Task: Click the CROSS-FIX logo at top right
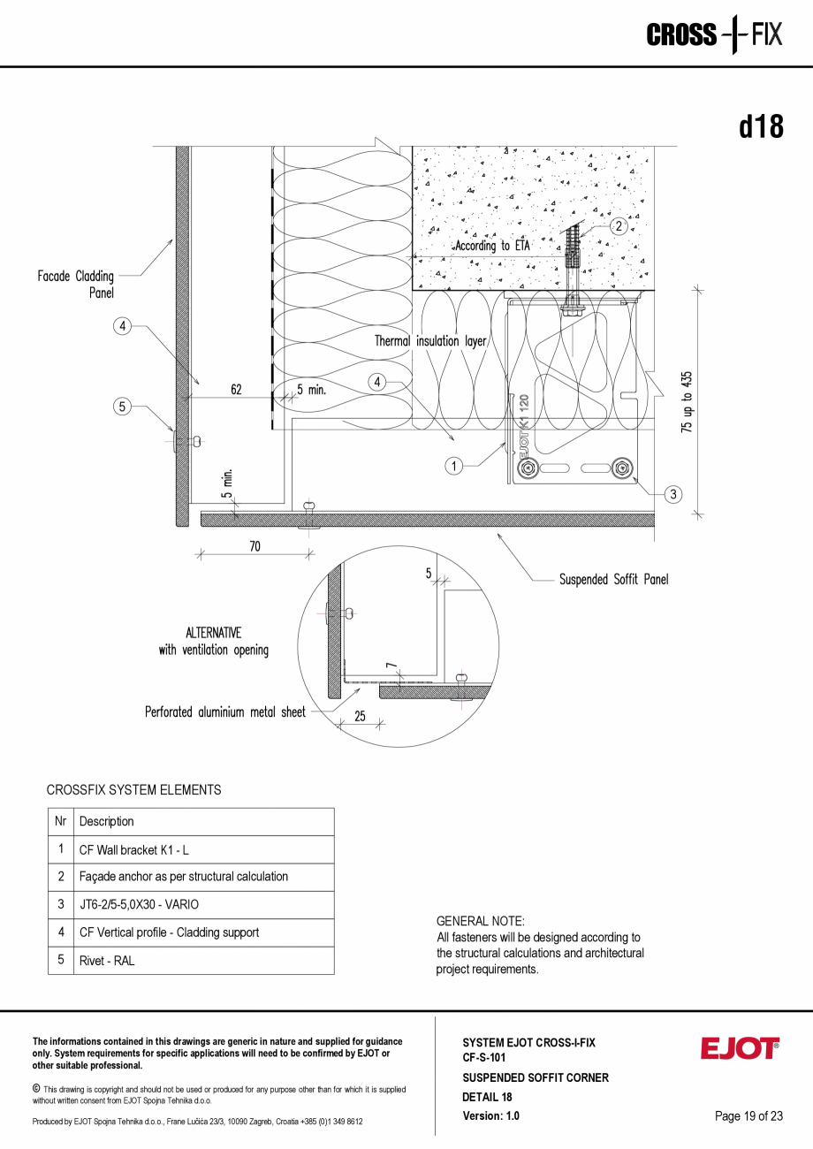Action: [714, 34]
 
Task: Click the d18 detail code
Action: [761, 127]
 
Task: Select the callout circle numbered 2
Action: [619, 226]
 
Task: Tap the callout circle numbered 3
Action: [673, 494]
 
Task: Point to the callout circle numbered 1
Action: [453, 466]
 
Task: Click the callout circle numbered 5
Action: [123, 407]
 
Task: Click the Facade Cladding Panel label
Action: [76, 284]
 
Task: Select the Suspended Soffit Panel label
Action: [613, 580]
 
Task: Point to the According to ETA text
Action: [492, 246]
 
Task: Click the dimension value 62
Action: [237, 389]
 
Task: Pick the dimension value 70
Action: [255, 546]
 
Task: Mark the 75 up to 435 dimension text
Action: [688, 400]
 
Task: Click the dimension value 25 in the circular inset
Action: [360, 717]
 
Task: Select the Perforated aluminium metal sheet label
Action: [225, 711]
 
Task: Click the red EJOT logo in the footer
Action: [740, 1048]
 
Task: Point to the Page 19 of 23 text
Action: [748, 1116]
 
